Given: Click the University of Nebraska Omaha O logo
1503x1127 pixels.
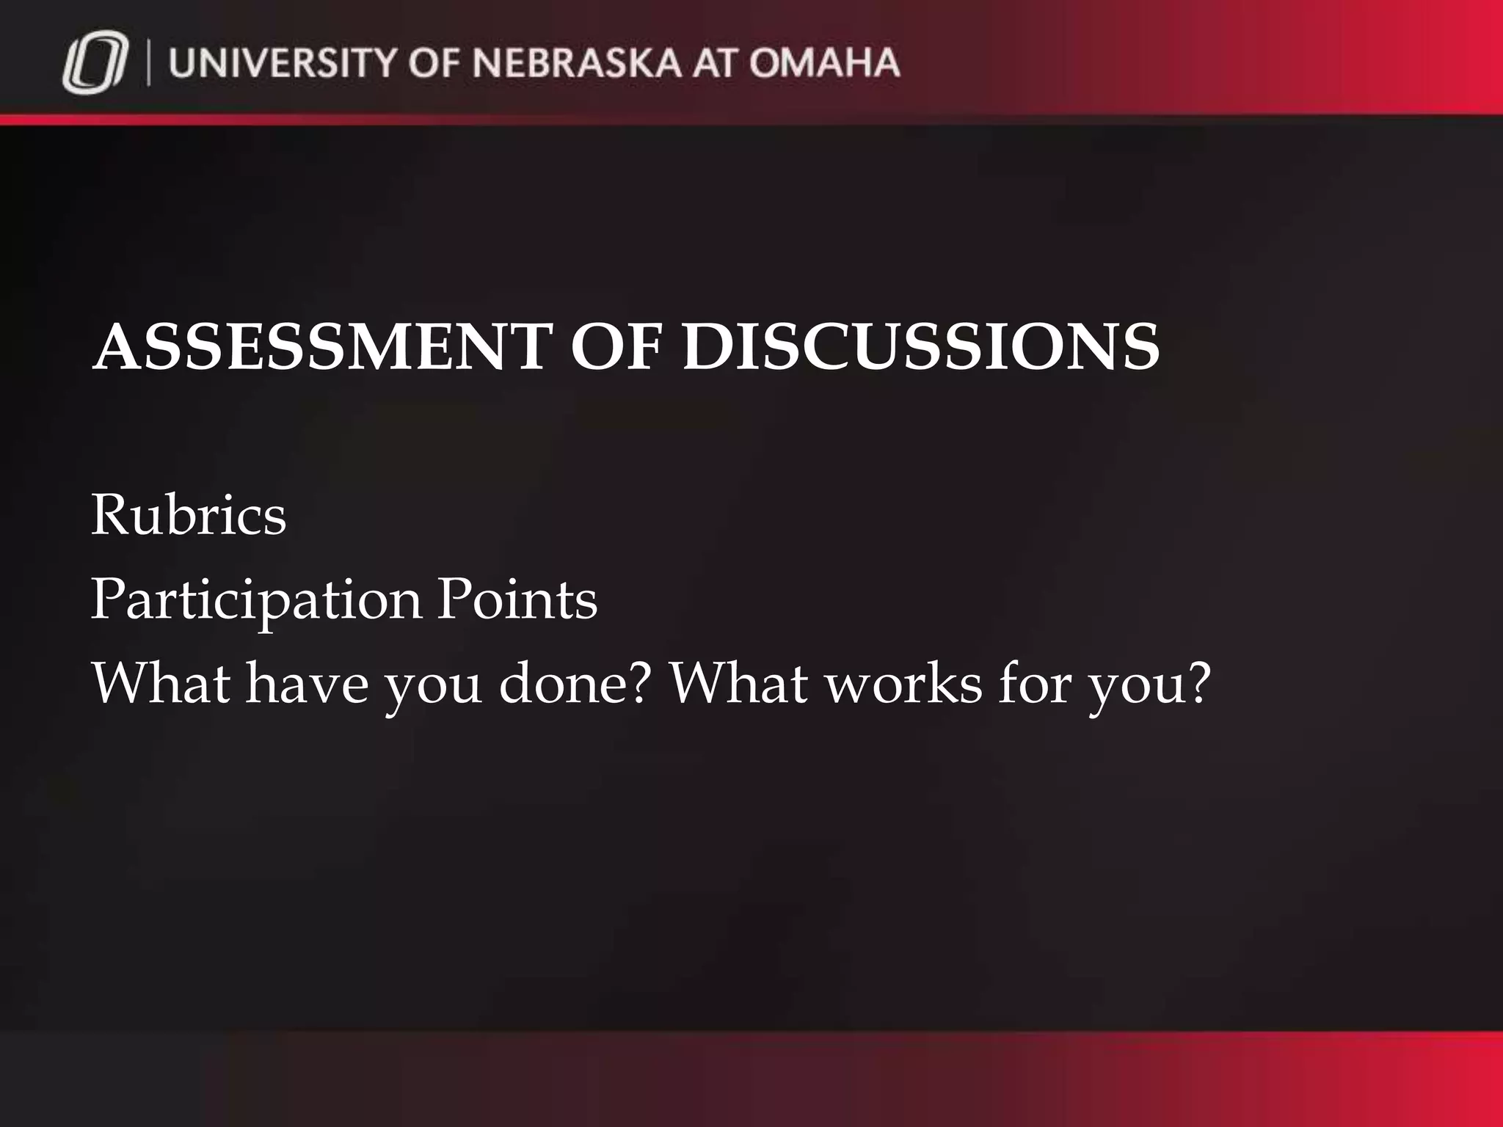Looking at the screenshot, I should [x=95, y=66].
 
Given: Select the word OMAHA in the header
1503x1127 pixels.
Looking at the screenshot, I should [x=824, y=63].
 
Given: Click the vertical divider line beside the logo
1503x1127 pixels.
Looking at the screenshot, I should [x=150, y=65].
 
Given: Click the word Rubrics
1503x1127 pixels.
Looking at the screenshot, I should [x=189, y=515].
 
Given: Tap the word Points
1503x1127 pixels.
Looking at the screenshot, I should [x=517, y=599].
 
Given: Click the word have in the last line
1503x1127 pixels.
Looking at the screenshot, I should [x=307, y=684].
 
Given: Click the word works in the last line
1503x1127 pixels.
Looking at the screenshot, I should [x=903, y=684].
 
